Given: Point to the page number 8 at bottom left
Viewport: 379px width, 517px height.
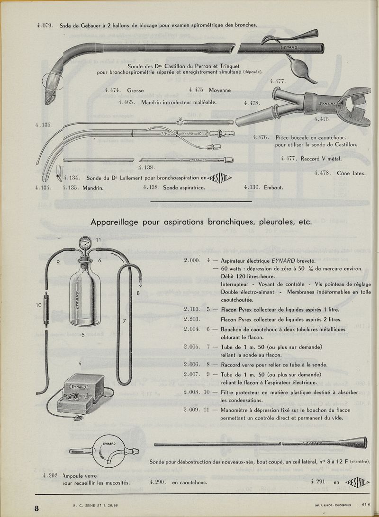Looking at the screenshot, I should [x=36, y=508].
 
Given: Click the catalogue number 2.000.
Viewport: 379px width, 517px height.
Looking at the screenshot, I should [x=193, y=260].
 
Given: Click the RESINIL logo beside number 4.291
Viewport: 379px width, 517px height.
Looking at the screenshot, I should [x=357, y=482].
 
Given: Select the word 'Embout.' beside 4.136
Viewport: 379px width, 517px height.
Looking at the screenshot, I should [x=272, y=187].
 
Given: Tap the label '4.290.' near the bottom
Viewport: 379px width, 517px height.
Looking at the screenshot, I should [x=156, y=482].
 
